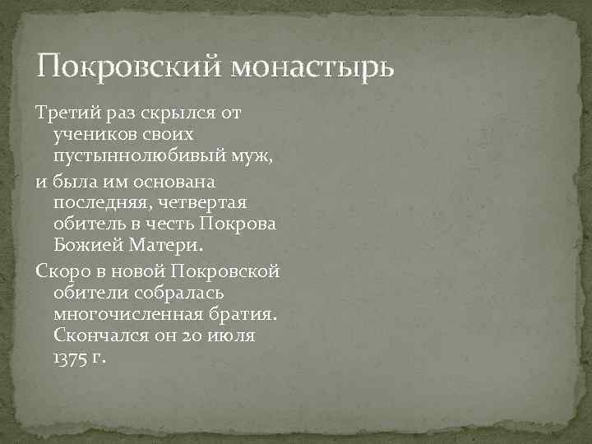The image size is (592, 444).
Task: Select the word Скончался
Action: point(92,336)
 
